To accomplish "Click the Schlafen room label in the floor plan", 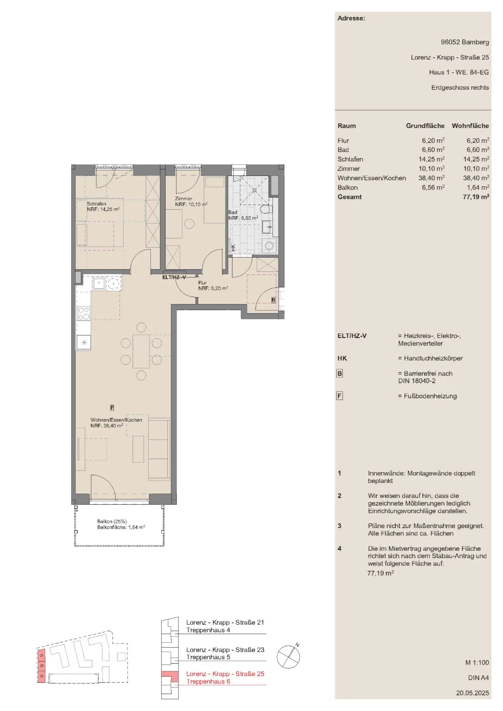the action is click(x=96, y=204).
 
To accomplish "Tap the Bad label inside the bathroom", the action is click(x=233, y=212).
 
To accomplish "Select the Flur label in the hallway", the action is click(x=202, y=283).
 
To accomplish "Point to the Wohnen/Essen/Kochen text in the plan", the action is click(x=116, y=420).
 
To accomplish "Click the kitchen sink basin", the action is click(x=99, y=283).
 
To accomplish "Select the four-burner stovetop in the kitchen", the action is click(x=84, y=313).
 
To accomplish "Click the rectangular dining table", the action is click(x=141, y=351).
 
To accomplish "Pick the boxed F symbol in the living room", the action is click(x=112, y=408).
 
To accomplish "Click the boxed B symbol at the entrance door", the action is click(x=273, y=300).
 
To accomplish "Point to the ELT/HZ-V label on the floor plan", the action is click(x=174, y=277).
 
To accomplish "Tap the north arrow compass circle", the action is click(x=288, y=657).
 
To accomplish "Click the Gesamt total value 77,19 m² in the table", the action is click(x=476, y=197).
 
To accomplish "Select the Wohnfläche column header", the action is click(x=470, y=126).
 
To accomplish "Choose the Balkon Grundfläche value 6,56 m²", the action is click(x=433, y=187).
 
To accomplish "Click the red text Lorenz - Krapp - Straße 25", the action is click(x=225, y=674).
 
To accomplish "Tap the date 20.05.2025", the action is click(x=473, y=693).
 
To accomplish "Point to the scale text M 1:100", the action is click(x=477, y=662).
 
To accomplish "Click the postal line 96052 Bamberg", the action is click(x=465, y=42).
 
